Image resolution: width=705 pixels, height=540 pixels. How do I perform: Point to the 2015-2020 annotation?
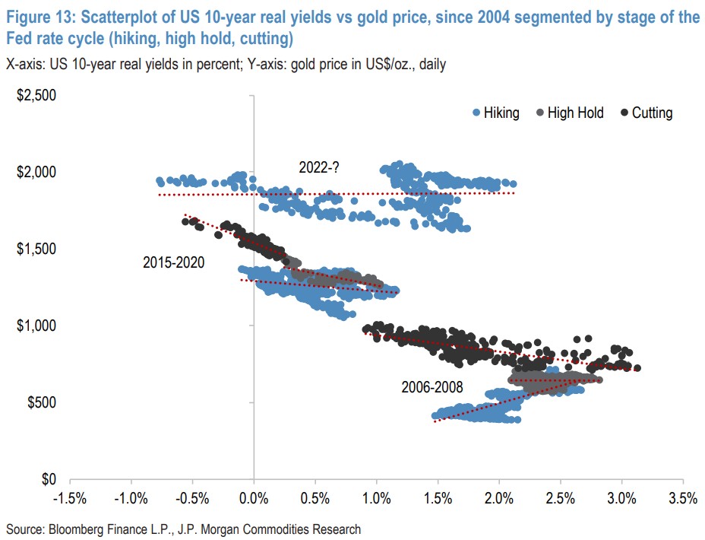click(x=174, y=262)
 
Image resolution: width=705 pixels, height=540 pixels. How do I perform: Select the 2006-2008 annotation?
click(x=432, y=386)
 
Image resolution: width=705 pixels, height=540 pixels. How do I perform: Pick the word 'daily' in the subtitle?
click(x=429, y=65)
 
